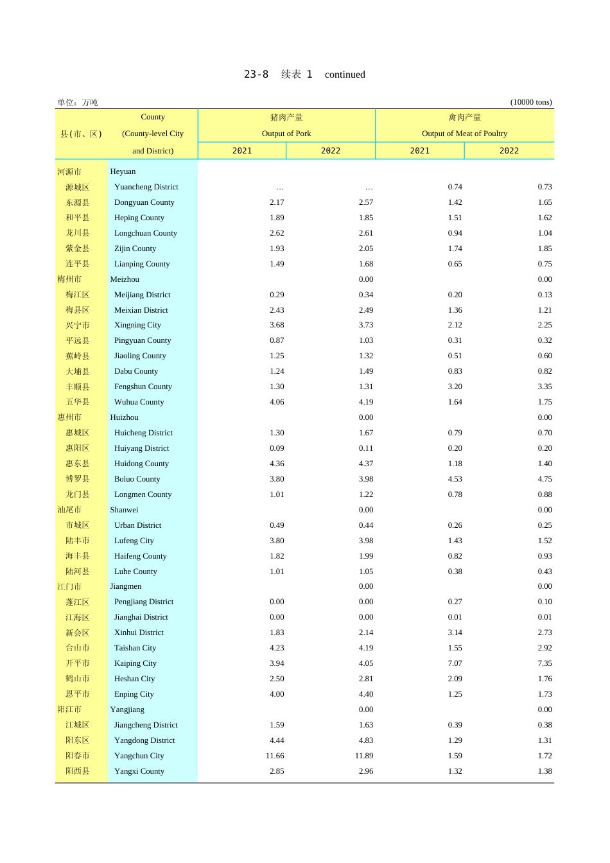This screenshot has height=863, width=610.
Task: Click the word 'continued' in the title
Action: (x=345, y=74)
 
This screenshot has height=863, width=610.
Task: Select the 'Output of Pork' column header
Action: (x=286, y=134)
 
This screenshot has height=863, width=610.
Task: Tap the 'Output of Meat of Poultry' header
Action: (x=464, y=134)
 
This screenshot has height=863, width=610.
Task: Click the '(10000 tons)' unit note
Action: (x=531, y=102)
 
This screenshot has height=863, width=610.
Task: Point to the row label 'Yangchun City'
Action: (x=139, y=756)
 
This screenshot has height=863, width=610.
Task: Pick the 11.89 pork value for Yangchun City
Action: (x=364, y=756)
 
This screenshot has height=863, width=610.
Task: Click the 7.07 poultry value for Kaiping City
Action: (x=455, y=663)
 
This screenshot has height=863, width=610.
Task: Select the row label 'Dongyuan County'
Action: (x=144, y=202)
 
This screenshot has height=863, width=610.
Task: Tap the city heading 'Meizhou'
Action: (x=125, y=279)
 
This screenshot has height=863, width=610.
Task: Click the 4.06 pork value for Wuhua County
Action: (x=277, y=402)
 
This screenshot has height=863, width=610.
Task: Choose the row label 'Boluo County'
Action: (x=137, y=479)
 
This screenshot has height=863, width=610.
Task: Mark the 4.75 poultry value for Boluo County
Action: (x=545, y=479)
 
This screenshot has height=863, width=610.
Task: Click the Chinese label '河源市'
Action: (x=69, y=172)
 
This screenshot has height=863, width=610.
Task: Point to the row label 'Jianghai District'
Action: (x=141, y=617)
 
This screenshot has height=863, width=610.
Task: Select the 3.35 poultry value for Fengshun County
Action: (x=545, y=387)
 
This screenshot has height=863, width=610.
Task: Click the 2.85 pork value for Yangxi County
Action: (x=277, y=771)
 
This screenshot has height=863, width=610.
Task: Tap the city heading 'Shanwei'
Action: (x=124, y=510)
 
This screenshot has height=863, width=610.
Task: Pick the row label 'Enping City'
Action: (x=134, y=694)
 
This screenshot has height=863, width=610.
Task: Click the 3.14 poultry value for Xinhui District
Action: (x=455, y=632)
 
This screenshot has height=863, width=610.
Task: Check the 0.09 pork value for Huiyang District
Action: (x=277, y=448)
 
